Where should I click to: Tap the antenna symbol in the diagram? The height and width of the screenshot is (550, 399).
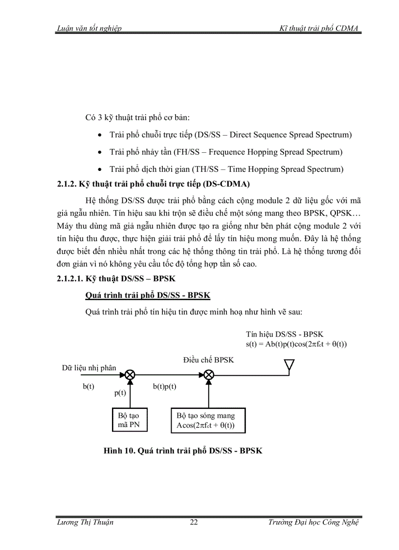pos(289,366)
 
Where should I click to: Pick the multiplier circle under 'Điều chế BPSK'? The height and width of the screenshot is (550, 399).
pos(209,375)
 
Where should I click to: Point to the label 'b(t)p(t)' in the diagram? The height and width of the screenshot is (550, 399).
pos(164,386)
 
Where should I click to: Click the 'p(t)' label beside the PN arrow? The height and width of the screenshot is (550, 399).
pos(120,393)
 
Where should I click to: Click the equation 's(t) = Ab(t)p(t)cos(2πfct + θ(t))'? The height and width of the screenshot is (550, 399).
pos(296,344)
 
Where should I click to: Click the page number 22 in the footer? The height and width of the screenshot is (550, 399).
pos(194,522)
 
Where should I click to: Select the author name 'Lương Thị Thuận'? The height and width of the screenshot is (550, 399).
pos(85,522)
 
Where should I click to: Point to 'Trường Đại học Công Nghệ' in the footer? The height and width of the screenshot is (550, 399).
pos(313,522)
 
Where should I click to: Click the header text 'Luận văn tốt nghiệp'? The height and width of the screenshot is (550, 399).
pos(89,28)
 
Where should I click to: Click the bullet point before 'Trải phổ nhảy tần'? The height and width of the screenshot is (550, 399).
pos(100,152)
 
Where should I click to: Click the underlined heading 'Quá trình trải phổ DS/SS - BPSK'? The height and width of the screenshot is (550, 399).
pos(148,296)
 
